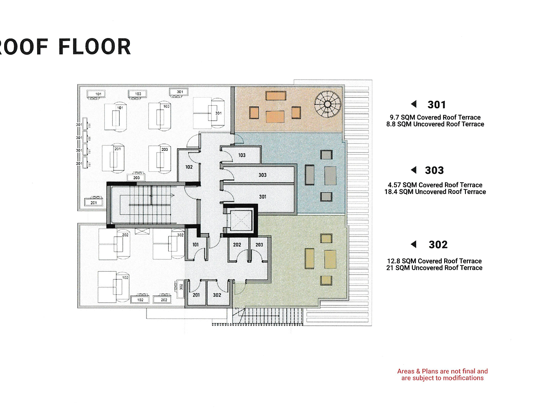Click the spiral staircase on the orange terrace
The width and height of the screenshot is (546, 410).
[x=327, y=104]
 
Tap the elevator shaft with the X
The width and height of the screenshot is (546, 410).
[x=241, y=220]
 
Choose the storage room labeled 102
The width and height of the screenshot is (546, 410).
[x=189, y=166]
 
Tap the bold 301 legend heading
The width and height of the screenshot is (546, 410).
[x=437, y=104]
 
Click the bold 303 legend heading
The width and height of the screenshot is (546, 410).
[x=434, y=170]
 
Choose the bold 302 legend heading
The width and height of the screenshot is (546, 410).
[x=438, y=244]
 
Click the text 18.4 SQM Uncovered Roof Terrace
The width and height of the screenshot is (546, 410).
[x=435, y=192]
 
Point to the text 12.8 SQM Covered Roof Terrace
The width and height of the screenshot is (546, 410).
[x=434, y=261]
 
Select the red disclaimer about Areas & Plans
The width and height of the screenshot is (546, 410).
[x=442, y=374]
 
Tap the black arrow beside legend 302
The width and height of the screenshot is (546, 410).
[x=413, y=244]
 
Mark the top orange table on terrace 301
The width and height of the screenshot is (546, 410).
[x=276, y=96]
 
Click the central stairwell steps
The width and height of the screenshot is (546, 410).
[x=150, y=205]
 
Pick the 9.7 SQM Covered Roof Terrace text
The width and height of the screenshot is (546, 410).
[x=435, y=117]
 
